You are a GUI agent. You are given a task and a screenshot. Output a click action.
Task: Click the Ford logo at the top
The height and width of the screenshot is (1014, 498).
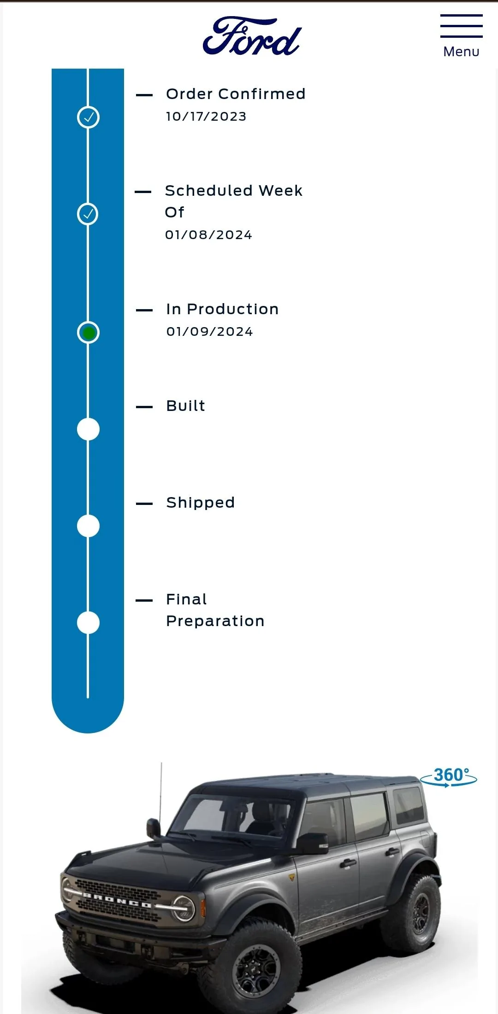[252, 36]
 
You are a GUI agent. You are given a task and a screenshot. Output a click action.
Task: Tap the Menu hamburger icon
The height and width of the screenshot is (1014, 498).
[461, 26]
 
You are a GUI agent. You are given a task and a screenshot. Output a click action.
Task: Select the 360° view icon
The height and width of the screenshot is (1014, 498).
[449, 777]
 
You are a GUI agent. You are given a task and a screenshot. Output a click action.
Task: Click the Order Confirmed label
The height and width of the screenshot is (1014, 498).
[236, 94]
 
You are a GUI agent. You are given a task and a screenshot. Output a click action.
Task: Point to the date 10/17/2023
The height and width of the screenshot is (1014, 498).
[206, 117]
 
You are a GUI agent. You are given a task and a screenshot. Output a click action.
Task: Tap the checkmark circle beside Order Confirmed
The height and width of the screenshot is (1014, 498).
[88, 117]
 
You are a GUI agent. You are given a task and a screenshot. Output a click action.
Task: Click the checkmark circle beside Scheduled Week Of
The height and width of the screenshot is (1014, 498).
[88, 214]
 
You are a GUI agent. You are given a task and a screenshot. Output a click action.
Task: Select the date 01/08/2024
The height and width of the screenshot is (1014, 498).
[208, 235]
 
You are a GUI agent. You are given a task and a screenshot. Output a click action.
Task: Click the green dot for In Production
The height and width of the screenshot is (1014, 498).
[89, 333]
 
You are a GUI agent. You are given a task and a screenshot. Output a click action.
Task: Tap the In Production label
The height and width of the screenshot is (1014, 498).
[222, 309]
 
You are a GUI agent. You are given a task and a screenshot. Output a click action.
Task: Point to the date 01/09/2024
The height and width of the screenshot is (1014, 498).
[210, 332]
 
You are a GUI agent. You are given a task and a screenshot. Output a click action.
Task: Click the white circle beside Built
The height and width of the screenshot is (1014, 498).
[88, 429]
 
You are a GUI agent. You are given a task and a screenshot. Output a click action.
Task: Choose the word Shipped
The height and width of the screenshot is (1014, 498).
[201, 503]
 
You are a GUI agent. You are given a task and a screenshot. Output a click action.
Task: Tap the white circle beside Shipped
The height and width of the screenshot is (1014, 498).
[88, 526]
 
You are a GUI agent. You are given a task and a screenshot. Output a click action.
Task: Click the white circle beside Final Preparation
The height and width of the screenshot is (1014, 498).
[88, 623]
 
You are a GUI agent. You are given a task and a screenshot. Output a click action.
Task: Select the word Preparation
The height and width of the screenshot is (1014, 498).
[215, 621]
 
